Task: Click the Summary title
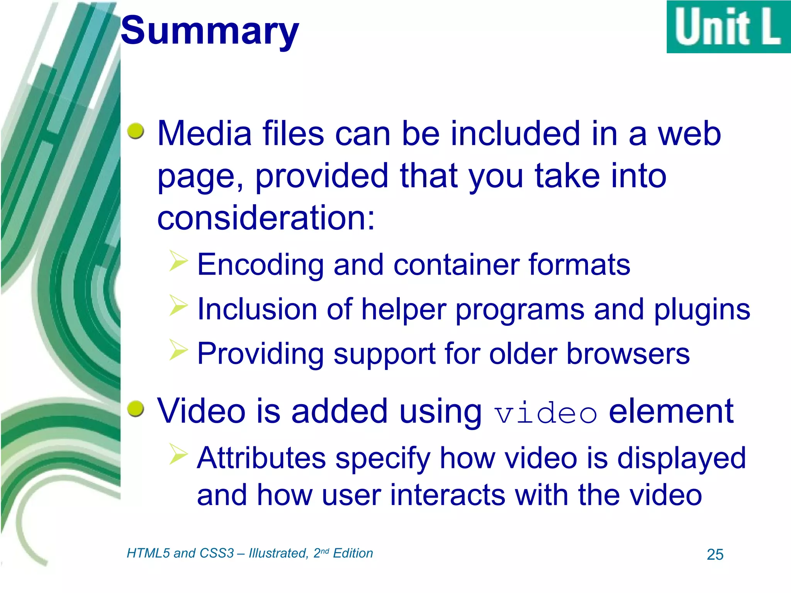[x=210, y=31]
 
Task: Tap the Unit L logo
[x=728, y=27]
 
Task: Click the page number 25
[x=715, y=554]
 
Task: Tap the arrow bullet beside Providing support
[x=178, y=350]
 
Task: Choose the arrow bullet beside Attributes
[x=178, y=454]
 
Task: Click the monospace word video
[x=546, y=413]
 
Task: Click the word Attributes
[x=261, y=458]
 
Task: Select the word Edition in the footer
[x=353, y=553]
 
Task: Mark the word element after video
[x=671, y=411]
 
